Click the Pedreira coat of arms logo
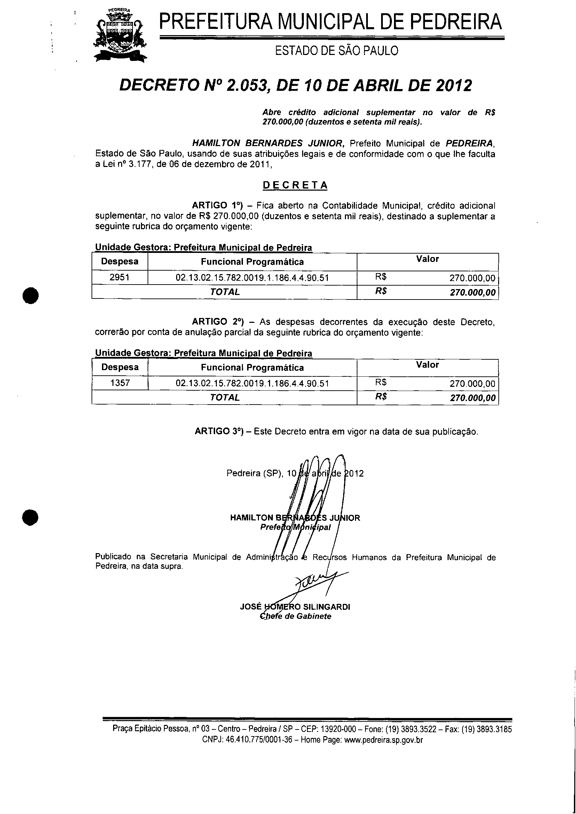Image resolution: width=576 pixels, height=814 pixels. pyautogui.click(x=120, y=35)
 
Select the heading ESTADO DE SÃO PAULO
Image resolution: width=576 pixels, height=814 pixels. pyautogui.click(x=337, y=51)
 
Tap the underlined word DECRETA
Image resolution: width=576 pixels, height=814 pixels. pyautogui.click(x=295, y=185)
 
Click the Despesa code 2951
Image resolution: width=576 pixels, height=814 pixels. pyautogui.click(x=119, y=277)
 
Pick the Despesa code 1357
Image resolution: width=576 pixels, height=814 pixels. pyautogui.click(x=120, y=383)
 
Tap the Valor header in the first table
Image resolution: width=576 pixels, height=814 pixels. pyautogui.click(x=427, y=259)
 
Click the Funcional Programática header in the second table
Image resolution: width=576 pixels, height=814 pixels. pyautogui.click(x=252, y=367)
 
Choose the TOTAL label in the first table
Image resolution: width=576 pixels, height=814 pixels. pyautogui.click(x=224, y=292)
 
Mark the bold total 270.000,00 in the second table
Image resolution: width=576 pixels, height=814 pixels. pyautogui.click(x=472, y=398)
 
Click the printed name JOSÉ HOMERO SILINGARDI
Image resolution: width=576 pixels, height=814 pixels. pyautogui.click(x=295, y=607)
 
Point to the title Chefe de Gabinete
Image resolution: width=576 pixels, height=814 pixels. pyautogui.click(x=295, y=616)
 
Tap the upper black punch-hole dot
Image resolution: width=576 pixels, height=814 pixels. pyautogui.click(x=31, y=295)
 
